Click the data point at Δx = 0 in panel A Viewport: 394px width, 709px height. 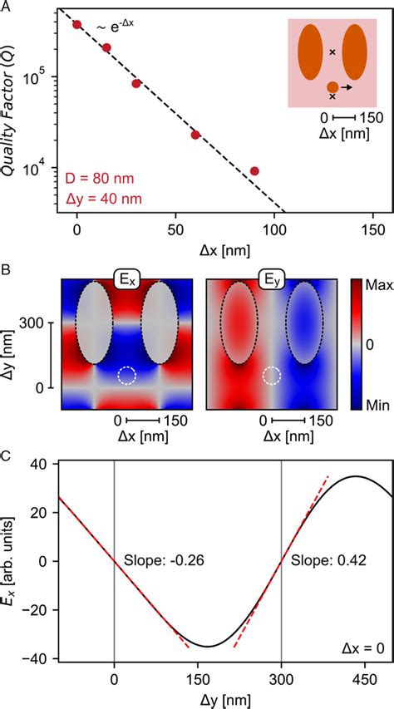coord(77,25)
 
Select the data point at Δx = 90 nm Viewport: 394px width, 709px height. coord(254,171)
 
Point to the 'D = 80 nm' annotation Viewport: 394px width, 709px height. coord(99,179)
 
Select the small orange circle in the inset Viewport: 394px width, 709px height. coord(332,87)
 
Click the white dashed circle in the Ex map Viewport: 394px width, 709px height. coord(126,376)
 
